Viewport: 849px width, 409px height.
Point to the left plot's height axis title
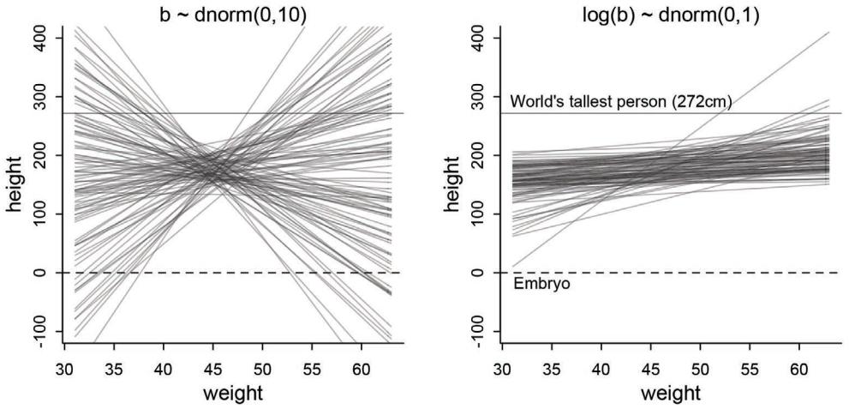(x=15, y=185)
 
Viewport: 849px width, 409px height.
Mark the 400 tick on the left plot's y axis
(x=42, y=39)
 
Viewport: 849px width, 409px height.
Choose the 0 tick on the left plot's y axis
(x=42, y=272)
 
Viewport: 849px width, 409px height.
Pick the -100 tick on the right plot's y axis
(x=478, y=330)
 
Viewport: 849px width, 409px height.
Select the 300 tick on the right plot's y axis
(x=478, y=97)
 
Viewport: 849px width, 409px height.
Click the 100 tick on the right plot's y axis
(x=478, y=214)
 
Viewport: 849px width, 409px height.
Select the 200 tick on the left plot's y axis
(x=42, y=155)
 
